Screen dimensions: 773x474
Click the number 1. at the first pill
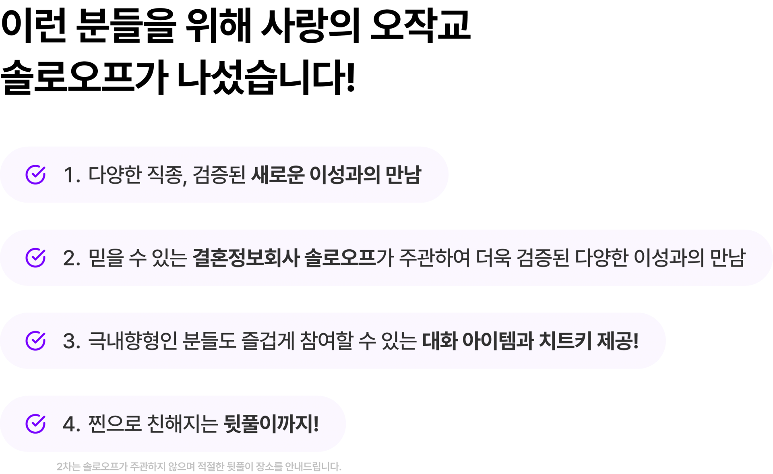point(72,175)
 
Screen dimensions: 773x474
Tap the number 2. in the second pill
point(72,258)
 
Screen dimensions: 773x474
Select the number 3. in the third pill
point(72,341)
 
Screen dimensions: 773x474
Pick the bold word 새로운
point(277,175)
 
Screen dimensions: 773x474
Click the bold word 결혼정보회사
point(246,258)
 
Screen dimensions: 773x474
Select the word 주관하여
point(434,258)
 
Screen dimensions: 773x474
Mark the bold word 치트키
point(564,341)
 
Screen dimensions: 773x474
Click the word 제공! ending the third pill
point(618,341)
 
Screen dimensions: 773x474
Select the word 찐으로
point(114,424)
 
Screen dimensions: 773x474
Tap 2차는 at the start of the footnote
point(68,467)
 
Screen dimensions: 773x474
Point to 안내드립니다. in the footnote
point(313,467)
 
